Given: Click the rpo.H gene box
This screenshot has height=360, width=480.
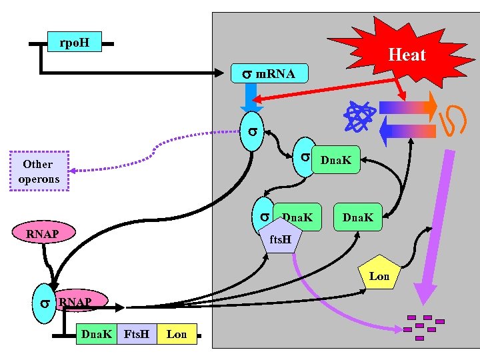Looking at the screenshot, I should (x=74, y=43).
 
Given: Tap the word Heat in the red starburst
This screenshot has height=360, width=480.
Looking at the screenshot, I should (x=406, y=55).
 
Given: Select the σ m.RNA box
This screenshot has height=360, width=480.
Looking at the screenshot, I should (x=269, y=73).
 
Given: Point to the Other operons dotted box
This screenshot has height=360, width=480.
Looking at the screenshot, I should (x=40, y=171).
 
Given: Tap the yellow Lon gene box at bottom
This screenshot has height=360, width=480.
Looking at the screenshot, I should (x=177, y=334).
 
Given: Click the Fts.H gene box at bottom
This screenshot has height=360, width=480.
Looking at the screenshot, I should (x=137, y=334).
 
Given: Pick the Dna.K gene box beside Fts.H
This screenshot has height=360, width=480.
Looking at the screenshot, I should (x=96, y=334).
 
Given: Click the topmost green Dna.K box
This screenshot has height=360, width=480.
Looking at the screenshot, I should (x=337, y=161).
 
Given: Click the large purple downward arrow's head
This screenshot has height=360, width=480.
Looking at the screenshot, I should (x=425, y=293).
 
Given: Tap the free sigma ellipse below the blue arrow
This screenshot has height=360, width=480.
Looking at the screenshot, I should (x=253, y=132).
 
